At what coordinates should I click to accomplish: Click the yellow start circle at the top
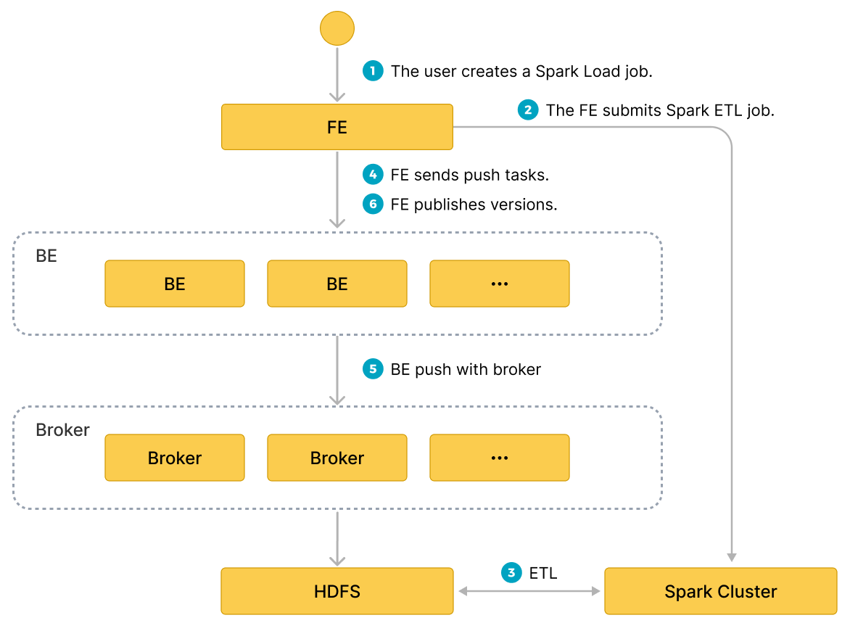pyautogui.click(x=337, y=29)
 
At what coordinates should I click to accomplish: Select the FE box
pyautogui.click(x=337, y=128)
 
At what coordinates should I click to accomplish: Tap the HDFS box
pyautogui.click(x=337, y=591)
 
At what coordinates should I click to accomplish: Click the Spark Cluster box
pyautogui.click(x=720, y=591)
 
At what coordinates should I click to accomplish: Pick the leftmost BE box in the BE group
pyautogui.click(x=175, y=284)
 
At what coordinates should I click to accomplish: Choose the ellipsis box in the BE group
pyautogui.click(x=500, y=284)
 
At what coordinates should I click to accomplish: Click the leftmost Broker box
pyautogui.click(x=175, y=458)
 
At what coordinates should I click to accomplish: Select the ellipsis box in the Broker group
pyautogui.click(x=500, y=458)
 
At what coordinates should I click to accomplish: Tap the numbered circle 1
pyautogui.click(x=373, y=71)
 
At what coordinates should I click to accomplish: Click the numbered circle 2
pyautogui.click(x=528, y=110)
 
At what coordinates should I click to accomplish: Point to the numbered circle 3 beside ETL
pyautogui.click(x=512, y=573)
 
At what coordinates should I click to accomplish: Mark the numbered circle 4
pyautogui.click(x=373, y=175)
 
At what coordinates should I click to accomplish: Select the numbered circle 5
pyautogui.click(x=373, y=369)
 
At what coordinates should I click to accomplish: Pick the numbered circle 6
pyautogui.click(x=373, y=205)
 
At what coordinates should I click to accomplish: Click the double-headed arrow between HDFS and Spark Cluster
pyautogui.click(x=529, y=592)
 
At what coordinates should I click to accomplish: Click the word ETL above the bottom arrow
pyautogui.click(x=543, y=573)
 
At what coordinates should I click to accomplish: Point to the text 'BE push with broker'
pyautogui.click(x=466, y=369)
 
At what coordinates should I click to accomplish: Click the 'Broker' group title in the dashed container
pyautogui.click(x=62, y=430)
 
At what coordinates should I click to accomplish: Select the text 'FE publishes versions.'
pyautogui.click(x=474, y=205)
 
